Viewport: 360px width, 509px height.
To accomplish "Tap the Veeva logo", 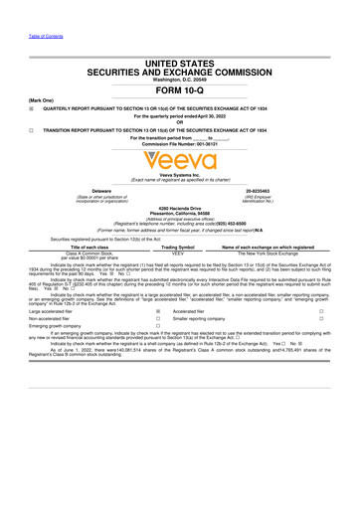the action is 179,159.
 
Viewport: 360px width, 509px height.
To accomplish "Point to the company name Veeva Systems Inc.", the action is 180,173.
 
